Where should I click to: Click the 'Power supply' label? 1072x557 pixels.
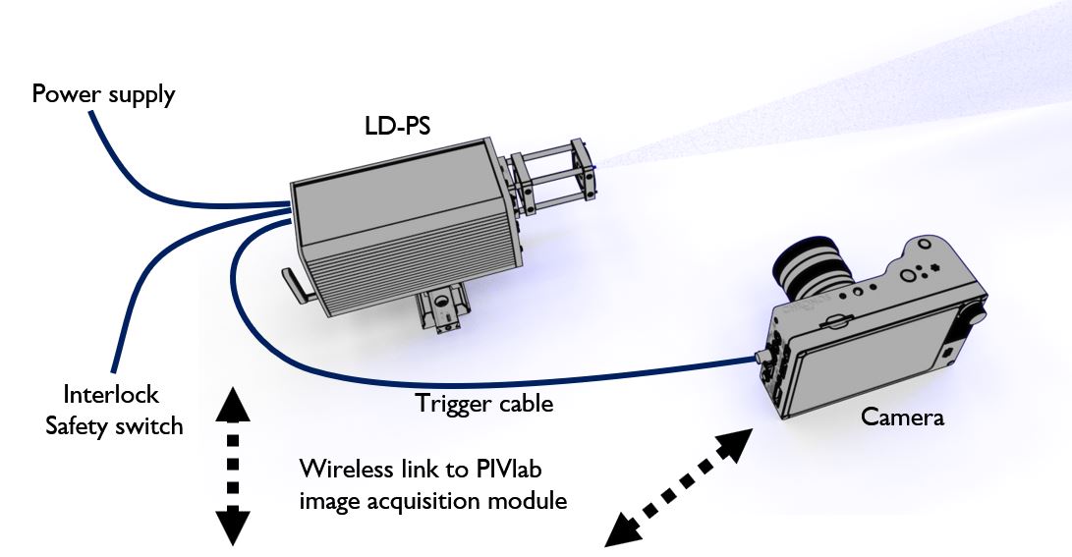tap(103, 95)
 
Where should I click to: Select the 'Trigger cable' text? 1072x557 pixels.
tap(484, 403)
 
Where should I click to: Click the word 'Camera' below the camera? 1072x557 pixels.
tap(902, 417)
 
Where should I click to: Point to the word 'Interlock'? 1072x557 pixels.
tap(111, 395)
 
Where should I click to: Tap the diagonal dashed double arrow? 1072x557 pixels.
tap(675, 487)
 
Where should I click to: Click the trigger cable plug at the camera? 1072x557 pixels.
tap(762, 355)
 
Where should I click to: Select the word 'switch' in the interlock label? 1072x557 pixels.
tap(154, 426)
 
